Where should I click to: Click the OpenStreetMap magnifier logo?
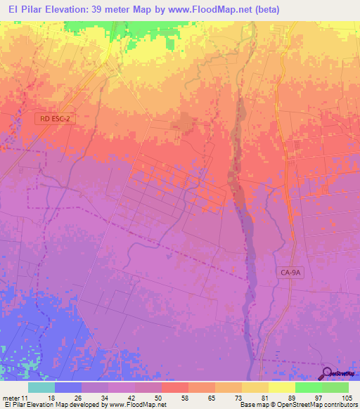click(327, 373)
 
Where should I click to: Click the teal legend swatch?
click(41, 388)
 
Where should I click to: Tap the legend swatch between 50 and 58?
click(174, 388)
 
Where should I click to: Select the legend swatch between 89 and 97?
click(308, 388)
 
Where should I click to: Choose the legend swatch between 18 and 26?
click(67, 388)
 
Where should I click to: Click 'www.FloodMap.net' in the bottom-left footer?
click(136, 405)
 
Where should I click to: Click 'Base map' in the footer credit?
click(254, 405)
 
